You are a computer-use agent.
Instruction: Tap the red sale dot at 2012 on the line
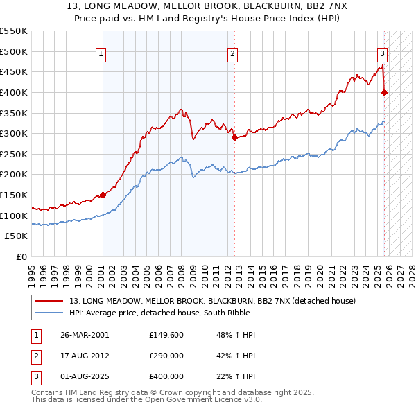tap(234, 137)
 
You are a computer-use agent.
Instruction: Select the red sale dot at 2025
tap(385, 92)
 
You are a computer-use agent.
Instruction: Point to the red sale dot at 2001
tap(103, 195)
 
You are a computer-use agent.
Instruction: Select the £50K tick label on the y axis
tap(17, 236)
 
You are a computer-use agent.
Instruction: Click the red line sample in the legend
tap(49, 301)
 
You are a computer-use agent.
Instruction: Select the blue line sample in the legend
tap(49, 313)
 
